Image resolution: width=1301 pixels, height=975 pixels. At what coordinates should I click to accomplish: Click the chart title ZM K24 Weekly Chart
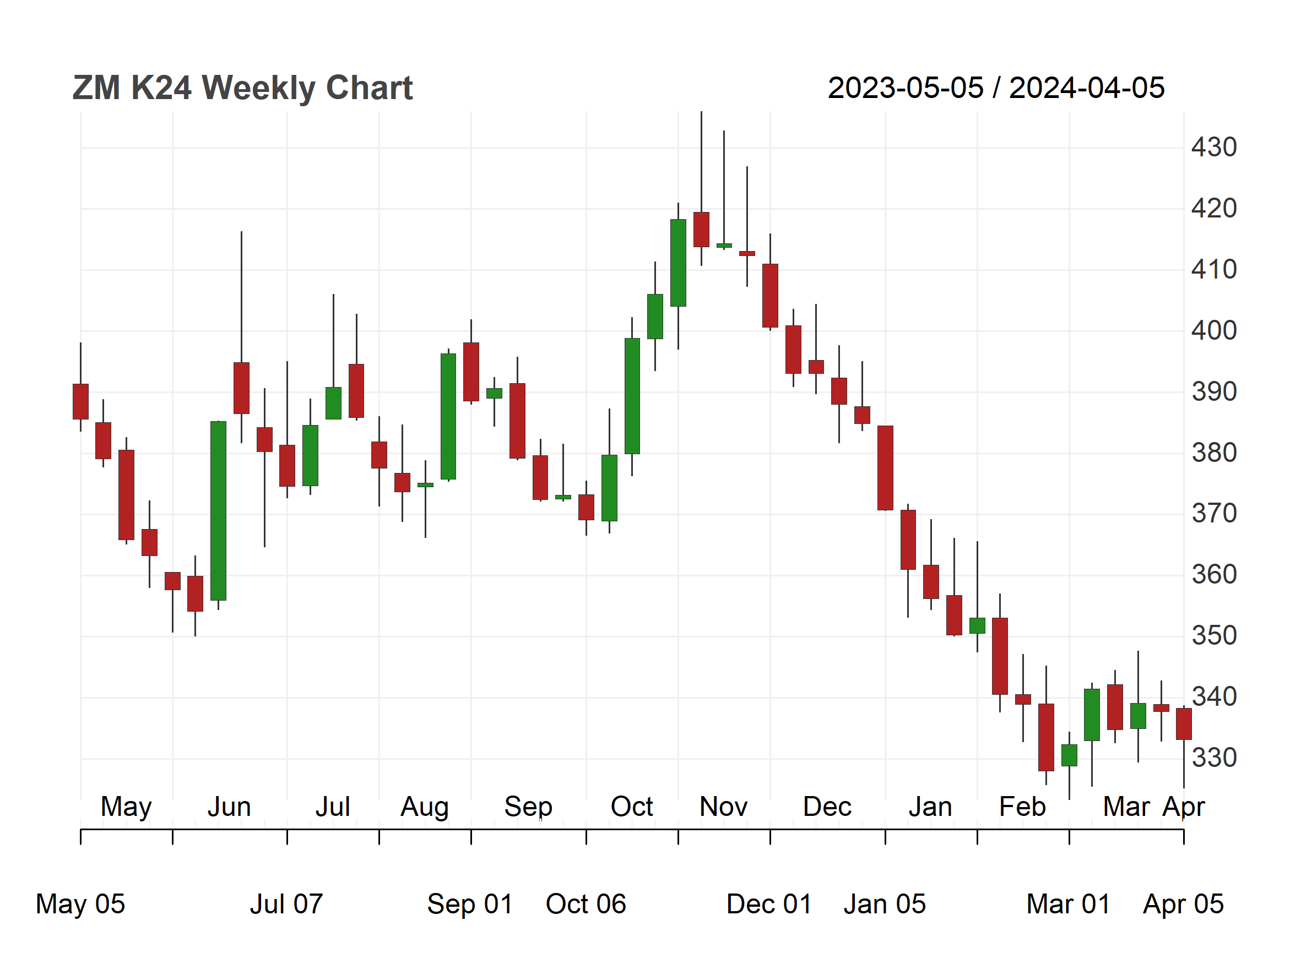[x=242, y=88]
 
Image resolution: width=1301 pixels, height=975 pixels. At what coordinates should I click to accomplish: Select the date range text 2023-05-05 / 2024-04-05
[x=996, y=88]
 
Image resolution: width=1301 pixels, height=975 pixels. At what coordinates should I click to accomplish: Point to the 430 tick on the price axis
[x=1214, y=147]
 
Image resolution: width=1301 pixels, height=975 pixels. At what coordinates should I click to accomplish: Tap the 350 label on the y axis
[x=1214, y=636]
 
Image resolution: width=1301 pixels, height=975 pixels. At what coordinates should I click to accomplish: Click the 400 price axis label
[x=1214, y=330]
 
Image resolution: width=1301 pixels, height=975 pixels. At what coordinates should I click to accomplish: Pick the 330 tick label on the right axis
[x=1214, y=758]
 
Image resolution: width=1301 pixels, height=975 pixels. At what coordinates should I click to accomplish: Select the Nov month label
[x=723, y=807]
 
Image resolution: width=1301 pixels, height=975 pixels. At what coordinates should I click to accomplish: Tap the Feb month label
[x=1022, y=807]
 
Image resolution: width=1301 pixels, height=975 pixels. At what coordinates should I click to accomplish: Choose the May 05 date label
[x=80, y=904]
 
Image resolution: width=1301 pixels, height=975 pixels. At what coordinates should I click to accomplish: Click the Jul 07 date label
[x=286, y=904]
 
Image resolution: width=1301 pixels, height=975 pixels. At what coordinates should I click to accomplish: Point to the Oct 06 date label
[x=586, y=904]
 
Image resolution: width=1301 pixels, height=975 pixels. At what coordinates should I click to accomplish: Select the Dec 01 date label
[x=769, y=904]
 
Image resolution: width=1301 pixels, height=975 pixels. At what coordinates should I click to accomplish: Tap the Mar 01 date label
[x=1068, y=904]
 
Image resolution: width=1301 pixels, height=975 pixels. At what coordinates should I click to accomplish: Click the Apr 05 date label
[x=1183, y=904]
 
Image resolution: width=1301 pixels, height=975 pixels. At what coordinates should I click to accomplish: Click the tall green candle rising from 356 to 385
[x=218, y=511]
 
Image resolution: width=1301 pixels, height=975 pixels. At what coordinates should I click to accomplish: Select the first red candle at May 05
[x=80, y=401]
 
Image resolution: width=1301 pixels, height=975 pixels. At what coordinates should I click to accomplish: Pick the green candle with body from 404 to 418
[x=678, y=263]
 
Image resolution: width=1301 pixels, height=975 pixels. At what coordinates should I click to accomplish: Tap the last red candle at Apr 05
[x=1183, y=723]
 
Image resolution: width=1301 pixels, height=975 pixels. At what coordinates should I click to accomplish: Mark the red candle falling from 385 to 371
[x=885, y=468]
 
